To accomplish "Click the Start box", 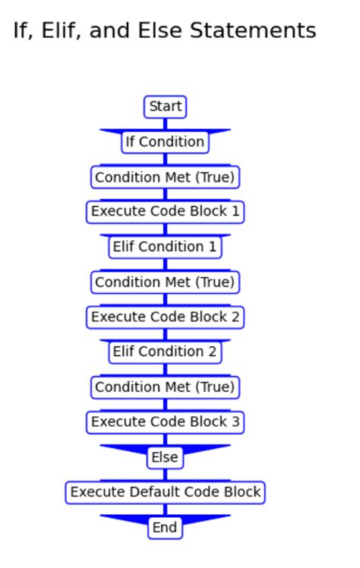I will (165, 107).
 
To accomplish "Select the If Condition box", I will (165, 142).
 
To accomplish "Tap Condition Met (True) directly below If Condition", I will (165, 177).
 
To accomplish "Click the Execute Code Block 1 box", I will (165, 212).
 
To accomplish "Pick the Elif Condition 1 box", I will (165, 247).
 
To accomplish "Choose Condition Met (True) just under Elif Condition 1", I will (165, 282).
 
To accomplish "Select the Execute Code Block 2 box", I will (165, 317).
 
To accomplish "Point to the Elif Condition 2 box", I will (165, 352).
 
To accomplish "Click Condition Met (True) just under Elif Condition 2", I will (165, 387).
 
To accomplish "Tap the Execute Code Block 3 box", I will (165, 421).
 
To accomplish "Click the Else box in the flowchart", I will (165, 457).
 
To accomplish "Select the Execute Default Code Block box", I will (165, 492).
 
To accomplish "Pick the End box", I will (165, 527).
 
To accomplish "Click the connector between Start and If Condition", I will (165, 124).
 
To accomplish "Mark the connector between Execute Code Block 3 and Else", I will (165, 439).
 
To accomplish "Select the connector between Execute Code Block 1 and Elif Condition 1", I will (165, 229).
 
